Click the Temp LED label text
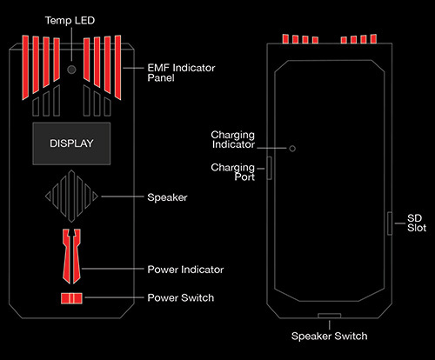coord(70,21)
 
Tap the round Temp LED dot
coord(71,70)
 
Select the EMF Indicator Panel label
coord(181,73)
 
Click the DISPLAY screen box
coord(71,143)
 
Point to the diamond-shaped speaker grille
coord(71,197)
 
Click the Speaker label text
coord(167,197)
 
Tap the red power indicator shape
coord(71,257)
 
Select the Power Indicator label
coord(185,270)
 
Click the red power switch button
coord(71,298)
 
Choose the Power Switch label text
coord(181,297)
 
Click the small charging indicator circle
coord(292,149)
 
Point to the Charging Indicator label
coord(233,140)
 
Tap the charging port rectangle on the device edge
coord(270,168)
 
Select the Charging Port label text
coord(233,172)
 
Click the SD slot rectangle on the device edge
coord(390,223)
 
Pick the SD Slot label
coord(417,223)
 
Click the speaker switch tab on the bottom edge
coord(330,316)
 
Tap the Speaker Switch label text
coord(330,336)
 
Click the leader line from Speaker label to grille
coord(123,197)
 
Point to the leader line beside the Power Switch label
coord(114,297)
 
